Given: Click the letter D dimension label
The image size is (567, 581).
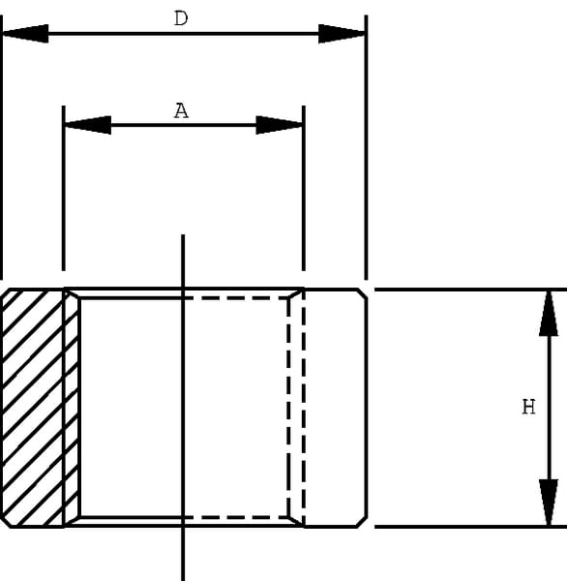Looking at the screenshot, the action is point(181,18).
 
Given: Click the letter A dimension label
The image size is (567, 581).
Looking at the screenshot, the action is point(181,110).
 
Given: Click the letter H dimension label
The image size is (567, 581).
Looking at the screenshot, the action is point(528,407).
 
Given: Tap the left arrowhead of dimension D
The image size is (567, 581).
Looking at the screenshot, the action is point(25,33).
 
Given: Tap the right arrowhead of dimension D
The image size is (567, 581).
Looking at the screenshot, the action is point(343,34).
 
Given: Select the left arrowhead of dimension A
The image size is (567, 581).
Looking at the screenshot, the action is point(88,125).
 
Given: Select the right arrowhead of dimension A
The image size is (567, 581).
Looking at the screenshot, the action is point(280,125).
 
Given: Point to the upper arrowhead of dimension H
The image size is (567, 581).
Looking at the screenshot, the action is point(549,314).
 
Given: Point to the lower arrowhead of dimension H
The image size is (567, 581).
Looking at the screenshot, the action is point(549,502).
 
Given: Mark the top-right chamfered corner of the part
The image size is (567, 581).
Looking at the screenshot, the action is point(362,293).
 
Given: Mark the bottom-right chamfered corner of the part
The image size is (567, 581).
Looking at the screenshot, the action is point(362,521).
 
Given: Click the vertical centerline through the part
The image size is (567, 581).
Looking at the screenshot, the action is point(183,408).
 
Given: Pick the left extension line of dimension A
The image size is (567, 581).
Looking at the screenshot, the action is point(64,188).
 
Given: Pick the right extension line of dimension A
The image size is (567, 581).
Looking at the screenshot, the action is point(304,188).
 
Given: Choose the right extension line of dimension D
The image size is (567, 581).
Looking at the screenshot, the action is point(367,147).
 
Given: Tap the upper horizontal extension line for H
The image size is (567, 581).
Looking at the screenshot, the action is point(470,290).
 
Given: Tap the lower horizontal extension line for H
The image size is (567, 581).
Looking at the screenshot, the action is point(470,526).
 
